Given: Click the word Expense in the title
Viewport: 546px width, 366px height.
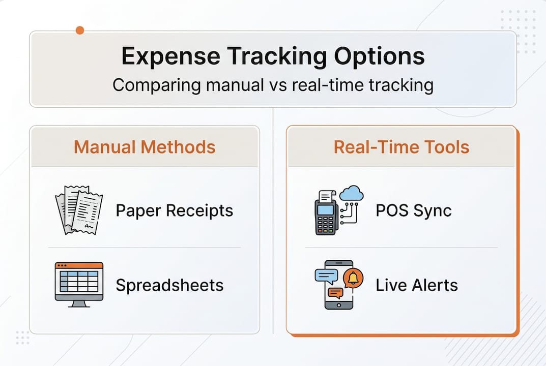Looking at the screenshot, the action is point(170,56).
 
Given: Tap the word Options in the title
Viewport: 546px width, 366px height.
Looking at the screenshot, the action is point(379,56).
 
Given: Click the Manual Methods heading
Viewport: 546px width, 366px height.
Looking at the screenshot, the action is point(145,147).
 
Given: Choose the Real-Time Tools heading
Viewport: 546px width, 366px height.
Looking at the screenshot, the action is point(401,147).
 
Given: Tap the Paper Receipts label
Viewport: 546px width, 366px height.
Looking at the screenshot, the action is point(175,211).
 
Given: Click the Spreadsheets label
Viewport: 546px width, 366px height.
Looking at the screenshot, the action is point(169,285).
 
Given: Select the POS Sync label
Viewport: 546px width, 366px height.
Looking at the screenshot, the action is point(414,210).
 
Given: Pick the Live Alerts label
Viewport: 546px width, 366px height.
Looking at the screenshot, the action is point(417,285).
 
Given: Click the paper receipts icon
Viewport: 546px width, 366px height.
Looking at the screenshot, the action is point(79,210).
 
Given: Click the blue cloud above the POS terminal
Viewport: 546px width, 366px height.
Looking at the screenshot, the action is point(351,194).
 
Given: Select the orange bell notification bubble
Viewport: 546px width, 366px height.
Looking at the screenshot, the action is point(353,279).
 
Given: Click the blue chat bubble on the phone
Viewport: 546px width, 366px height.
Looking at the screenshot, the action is point(326,277).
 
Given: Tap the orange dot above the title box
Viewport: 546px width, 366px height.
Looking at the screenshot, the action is point(80,30).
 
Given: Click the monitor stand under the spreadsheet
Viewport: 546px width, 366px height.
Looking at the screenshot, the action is point(79,303).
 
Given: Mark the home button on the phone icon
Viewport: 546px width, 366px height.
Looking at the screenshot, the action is point(339,306).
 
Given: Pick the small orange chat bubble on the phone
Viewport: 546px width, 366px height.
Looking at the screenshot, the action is point(336,293).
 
